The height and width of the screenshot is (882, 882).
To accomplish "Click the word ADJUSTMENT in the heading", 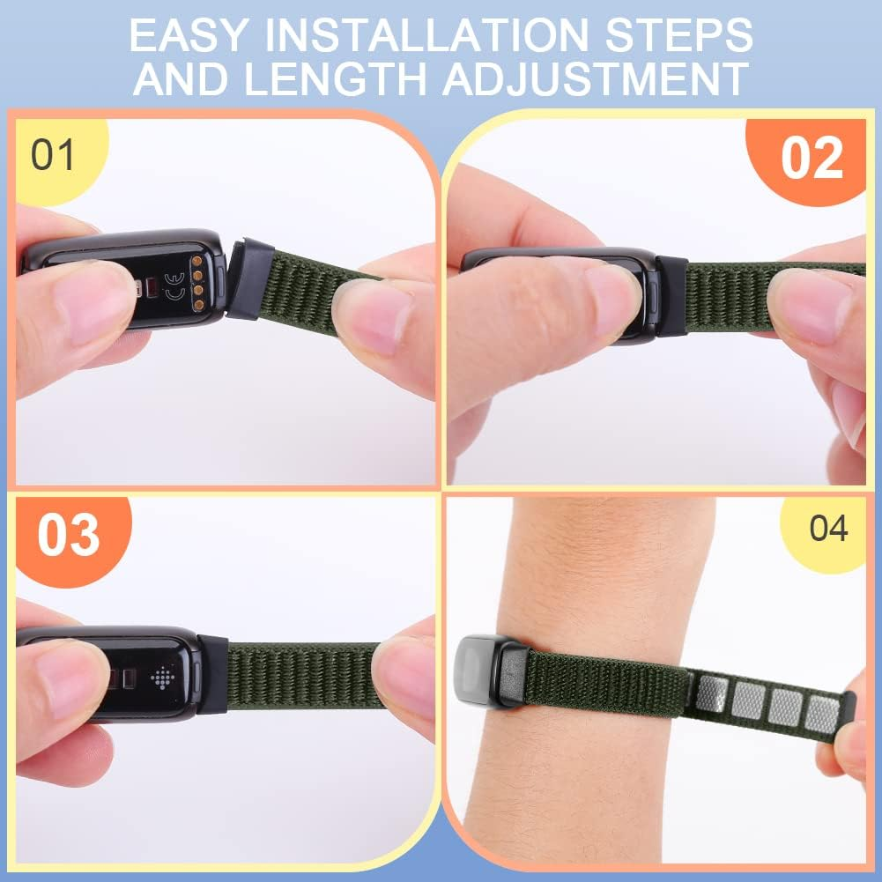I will tap(596, 78).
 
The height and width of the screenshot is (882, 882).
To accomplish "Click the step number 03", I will tap(68, 536).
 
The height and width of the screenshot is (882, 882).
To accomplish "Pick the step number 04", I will tap(828, 529).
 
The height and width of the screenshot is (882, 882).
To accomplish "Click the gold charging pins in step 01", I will tap(197, 283).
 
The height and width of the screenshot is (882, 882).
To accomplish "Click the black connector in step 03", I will tap(212, 674).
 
